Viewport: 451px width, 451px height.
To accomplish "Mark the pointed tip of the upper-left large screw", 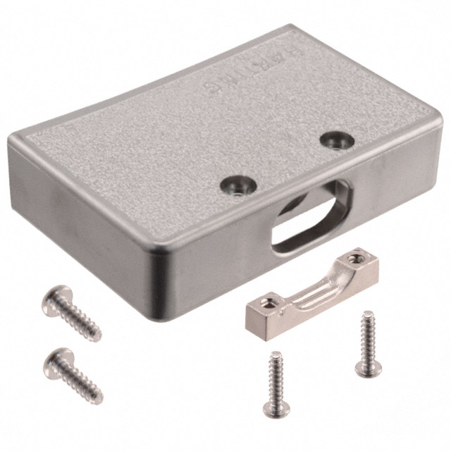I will coord(99,338).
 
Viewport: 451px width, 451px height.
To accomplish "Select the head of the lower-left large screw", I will coord(58,358).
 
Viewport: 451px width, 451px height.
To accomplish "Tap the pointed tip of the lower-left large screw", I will coord(100,400).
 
